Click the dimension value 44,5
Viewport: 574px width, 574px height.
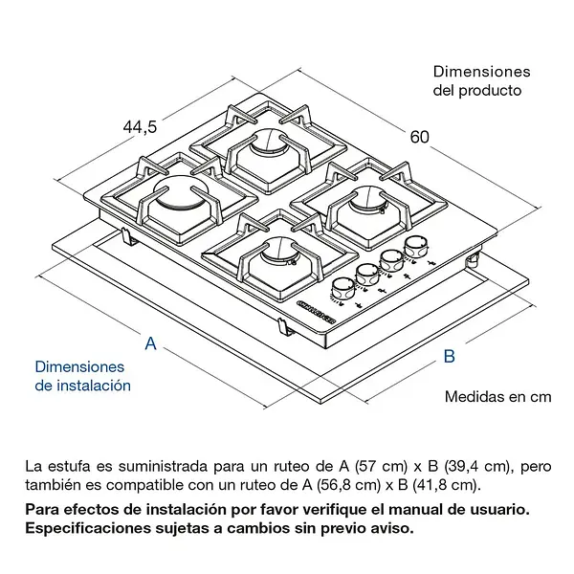[140, 126]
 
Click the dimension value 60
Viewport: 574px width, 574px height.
[419, 136]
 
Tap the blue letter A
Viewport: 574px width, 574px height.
[150, 343]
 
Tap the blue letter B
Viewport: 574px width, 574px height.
[448, 357]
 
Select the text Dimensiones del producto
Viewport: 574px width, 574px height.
[481, 81]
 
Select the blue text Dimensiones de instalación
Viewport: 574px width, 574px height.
[82, 376]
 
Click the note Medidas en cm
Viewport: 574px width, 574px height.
[498, 396]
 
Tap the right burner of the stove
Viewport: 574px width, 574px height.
[371, 202]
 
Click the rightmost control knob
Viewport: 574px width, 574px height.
[414, 247]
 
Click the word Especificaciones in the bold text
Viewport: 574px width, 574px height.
[86, 527]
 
